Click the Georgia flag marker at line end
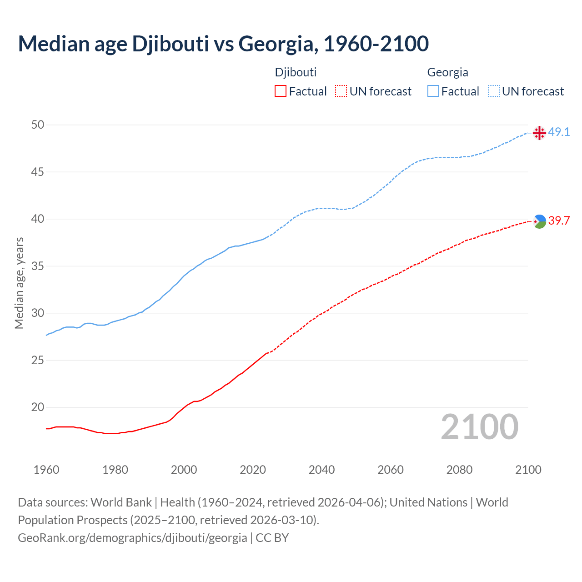click(x=539, y=133)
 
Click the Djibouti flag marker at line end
click(x=539, y=221)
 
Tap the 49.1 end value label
click(x=559, y=132)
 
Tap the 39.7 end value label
click(x=559, y=221)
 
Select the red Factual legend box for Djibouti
click(x=281, y=91)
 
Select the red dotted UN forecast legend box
click(x=341, y=91)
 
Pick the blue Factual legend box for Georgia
click(x=433, y=91)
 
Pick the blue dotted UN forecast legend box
click(x=493, y=91)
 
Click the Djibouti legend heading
click(x=296, y=72)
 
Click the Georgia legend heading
click(x=447, y=72)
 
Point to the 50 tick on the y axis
click(x=38, y=125)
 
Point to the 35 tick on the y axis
click(x=38, y=266)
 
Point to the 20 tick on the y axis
click(x=38, y=407)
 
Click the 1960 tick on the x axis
click(x=46, y=470)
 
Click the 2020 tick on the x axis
click(x=253, y=470)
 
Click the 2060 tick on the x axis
click(x=391, y=470)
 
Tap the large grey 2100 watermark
click(x=480, y=427)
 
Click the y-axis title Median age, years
click(x=19, y=283)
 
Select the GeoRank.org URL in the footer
click(x=132, y=538)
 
